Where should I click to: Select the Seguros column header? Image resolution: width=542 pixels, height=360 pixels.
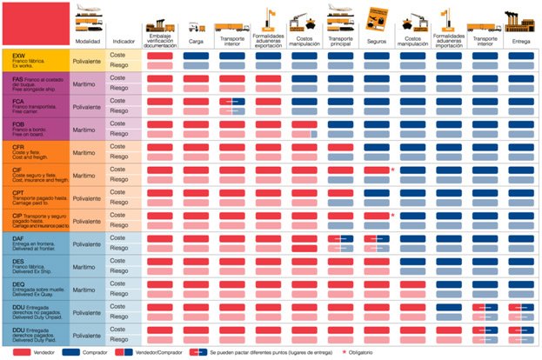click(377, 40)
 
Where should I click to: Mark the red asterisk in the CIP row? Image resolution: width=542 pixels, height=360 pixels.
click(393, 213)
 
